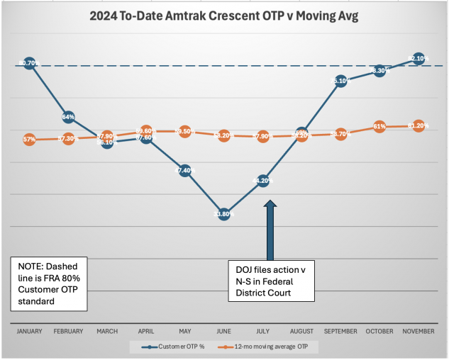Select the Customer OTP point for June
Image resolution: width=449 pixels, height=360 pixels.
tap(224, 213)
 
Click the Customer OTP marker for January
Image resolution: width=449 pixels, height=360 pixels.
tap(29, 63)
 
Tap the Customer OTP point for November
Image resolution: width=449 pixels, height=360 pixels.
tap(418, 58)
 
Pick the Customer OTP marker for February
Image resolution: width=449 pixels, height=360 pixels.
tap(68, 117)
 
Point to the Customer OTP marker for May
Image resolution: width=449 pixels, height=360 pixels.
tap(184, 170)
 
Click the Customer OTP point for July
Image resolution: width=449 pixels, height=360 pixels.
tap(263, 181)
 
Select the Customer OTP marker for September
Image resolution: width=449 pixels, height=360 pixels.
tap(340, 81)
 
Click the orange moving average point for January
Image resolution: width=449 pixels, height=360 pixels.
tap(29, 140)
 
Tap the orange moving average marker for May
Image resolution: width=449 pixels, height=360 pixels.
tap(184, 131)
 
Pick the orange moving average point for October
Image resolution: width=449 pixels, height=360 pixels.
tap(379, 127)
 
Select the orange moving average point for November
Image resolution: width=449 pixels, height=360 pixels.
tap(418, 125)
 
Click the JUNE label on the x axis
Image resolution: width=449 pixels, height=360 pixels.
tap(224, 331)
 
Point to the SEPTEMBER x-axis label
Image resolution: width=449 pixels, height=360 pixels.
tap(340, 331)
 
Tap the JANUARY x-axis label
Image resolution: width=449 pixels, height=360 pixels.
tap(29, 331)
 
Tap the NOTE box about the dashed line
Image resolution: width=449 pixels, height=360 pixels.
tap(49, 283)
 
